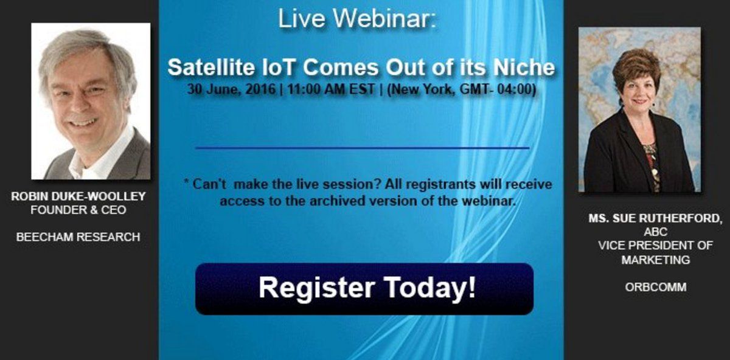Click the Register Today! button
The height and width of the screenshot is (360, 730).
(364, 289)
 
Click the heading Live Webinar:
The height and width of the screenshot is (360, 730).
(357, 19)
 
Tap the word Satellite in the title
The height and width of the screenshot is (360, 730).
(211, 67)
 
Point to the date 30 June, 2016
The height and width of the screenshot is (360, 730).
(231, 89)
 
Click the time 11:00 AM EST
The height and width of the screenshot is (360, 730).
(331, 89)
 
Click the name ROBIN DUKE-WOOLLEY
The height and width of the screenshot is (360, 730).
(78, 196)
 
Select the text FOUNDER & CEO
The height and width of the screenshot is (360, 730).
(78, 210)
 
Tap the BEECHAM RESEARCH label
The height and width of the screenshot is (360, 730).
(78, 237)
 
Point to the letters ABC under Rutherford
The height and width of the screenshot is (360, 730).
(656, 232)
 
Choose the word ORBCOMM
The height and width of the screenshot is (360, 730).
(656, 288)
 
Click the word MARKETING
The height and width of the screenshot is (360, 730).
(656, 260)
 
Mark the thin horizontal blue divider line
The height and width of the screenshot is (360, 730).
(363, 148)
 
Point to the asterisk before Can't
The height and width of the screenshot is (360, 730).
(186, 181)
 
